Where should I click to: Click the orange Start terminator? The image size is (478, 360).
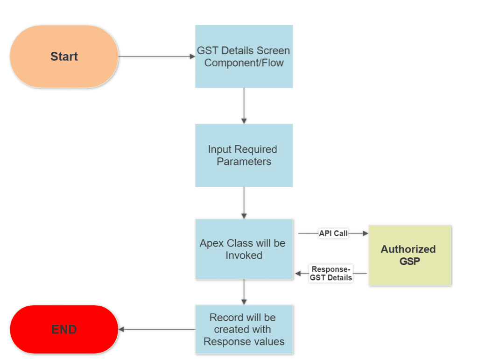pyautogui.click(x=64, y=56)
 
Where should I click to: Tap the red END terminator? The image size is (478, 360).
pyautogui.click(x=64, y=329)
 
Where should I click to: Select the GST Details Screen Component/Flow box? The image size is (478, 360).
pyautogui.click(x=244, y=56)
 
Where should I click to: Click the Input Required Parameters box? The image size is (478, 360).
pyautogui.click(x=244, y=155)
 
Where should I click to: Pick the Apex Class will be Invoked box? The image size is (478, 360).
pyautogui.click(x=244, y=249)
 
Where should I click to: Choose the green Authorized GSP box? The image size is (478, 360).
pyautogui.click(x=410, y=255)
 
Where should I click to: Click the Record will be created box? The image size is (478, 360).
pyautogui.click(x=244, y=329)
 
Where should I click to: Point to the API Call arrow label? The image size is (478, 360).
pyautogui.click(x=333, y=233)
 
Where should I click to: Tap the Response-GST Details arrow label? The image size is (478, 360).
pyautogui.click(x=331, y=273)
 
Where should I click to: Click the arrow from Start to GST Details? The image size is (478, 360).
pyautogui.click(x=156, y=56)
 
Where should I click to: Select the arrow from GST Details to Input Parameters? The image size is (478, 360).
pyautogui.click(x=244, y=106)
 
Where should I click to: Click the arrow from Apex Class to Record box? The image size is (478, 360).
pyautogui.click(x=244, y=292)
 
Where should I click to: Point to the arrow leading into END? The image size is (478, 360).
pyautogui.click(x=156, y=329)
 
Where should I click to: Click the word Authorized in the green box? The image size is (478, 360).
pyautogui.click(x=408, y=249)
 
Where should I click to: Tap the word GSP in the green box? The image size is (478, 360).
pyautogui.click(x=409, y=261)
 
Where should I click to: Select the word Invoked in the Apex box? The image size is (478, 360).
pyautogui.click(x=244, y=255)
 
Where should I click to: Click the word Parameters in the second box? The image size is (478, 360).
pyautogui.click(x=244, y=162)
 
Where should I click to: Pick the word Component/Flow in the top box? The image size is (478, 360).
pyautogui.click(x=244, y=63)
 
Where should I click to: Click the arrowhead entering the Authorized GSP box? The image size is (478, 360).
pyautogui.click(x=366, y=233)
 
